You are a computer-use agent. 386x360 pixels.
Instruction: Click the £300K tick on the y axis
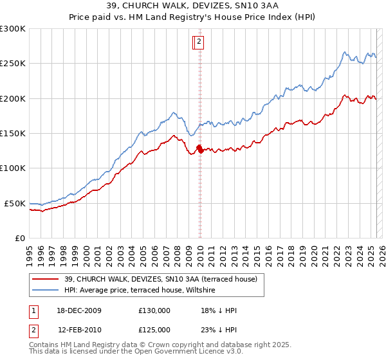coord(12,29)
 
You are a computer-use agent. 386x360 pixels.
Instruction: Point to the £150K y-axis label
coord(12,133)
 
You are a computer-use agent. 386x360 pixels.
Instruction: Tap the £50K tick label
coord(15,203)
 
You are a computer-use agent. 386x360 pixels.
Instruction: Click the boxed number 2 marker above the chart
coord(199,42)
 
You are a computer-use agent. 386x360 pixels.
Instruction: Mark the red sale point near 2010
coord(199,149)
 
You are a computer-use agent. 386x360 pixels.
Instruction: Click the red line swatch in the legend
coord(45,279)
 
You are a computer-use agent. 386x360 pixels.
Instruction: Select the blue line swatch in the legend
coord(45,291)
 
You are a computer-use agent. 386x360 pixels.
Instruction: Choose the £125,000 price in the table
coord(154,329)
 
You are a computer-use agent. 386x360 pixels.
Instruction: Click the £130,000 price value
coord(154,310)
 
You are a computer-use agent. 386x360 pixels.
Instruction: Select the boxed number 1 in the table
coord(32,310)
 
